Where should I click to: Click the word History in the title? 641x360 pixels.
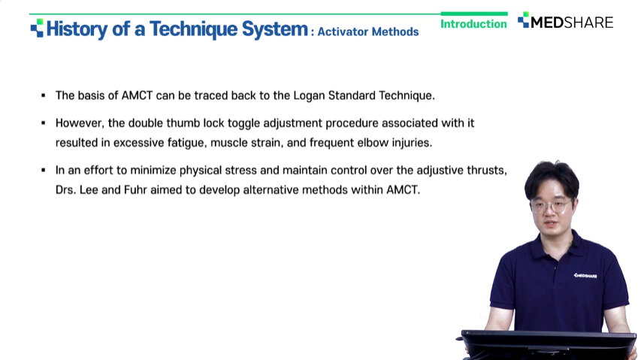77,29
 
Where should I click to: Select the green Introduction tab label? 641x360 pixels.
474,24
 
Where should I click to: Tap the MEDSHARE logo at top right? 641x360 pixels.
565,21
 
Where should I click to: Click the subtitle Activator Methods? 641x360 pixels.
368,32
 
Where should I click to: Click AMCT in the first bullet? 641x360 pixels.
137,95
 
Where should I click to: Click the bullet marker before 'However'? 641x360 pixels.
44,123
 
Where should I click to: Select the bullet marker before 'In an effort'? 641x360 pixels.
44,170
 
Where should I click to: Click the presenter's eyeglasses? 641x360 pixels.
552,205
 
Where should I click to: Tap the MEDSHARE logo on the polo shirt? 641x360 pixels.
585,276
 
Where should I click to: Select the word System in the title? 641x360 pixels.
275,29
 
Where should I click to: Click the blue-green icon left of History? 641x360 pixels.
37,28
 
